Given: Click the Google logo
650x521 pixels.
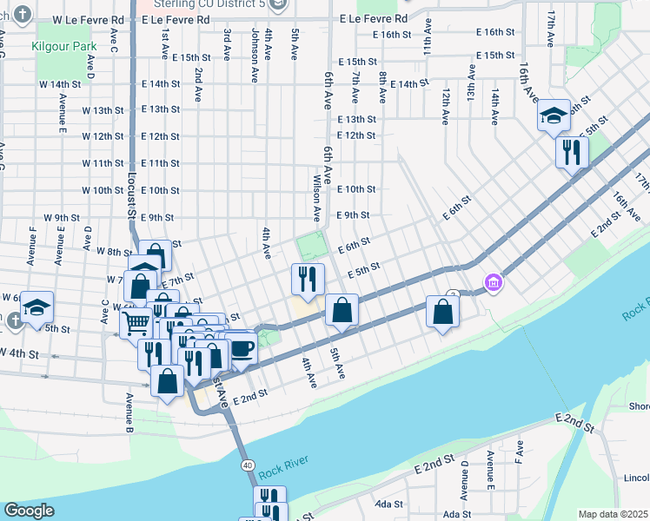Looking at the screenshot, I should click(29, 511).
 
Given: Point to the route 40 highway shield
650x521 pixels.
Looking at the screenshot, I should click(249, 465).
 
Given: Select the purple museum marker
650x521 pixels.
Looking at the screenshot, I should click(494, 282).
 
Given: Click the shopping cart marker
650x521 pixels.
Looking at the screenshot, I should click(136, 323).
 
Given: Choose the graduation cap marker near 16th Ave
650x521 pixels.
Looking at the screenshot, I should click(553, 115).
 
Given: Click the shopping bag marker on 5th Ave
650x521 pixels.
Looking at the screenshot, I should click(343, 310).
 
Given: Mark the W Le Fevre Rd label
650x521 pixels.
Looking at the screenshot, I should click(87, 18).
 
